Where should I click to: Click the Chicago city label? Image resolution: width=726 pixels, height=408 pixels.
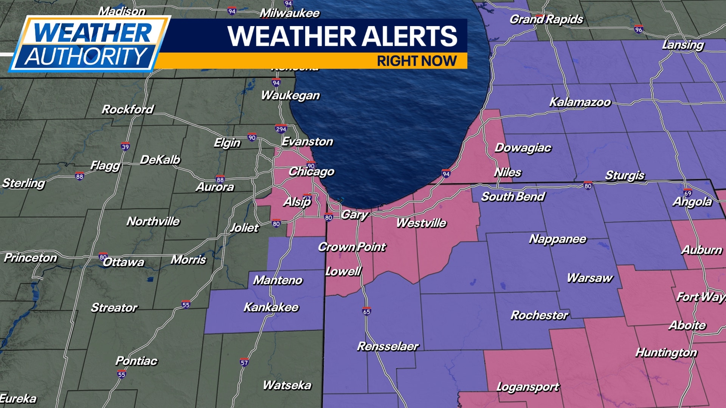[311, 172]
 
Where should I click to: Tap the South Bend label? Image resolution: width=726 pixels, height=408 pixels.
[513, 197]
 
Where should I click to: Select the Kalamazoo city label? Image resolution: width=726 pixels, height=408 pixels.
[580, 102]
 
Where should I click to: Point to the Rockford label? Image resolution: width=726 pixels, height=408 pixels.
[128, 110]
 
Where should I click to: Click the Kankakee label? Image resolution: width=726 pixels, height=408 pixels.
[271, 307]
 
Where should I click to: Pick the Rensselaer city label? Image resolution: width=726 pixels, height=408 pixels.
[388, 346]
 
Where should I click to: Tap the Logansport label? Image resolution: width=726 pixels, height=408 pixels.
[527, 387]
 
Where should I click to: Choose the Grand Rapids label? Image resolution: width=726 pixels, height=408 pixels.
[546, 19]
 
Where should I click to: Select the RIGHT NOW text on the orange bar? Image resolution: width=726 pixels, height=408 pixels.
[417, 61]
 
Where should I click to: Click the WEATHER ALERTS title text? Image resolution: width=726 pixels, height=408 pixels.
[342, 36]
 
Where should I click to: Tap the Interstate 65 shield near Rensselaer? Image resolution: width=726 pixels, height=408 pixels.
[366, 311]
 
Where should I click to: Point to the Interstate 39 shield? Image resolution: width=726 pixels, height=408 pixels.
[125, 147]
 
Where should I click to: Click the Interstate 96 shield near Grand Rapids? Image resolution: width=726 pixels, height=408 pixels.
[639, 29]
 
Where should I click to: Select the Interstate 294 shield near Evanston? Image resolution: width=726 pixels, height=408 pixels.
[281, 129]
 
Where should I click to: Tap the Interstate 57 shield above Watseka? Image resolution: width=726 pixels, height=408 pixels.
[244, 363]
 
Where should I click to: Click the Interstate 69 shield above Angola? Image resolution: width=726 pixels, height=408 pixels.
[687, 193]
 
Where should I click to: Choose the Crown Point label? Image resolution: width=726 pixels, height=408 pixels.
[352, 247]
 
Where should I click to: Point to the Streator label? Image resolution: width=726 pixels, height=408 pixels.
[114, 308]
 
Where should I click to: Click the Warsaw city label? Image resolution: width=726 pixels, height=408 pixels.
[589, 278]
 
